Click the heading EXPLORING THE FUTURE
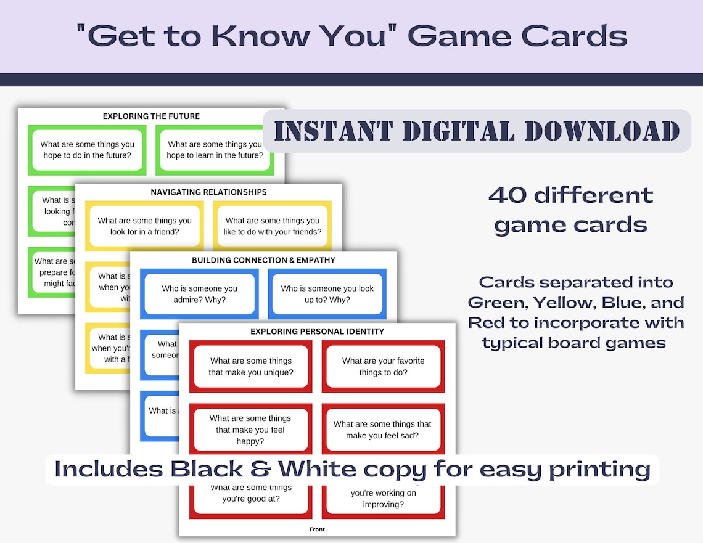[151, 116]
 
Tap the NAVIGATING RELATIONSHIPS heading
[208, 192]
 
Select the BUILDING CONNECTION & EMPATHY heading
[263, 260]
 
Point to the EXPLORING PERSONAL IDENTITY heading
[317, 332]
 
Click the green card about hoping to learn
[215, 150]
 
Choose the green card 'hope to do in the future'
[87, 150]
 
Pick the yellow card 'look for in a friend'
[144, 226]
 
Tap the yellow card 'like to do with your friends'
[273, 226]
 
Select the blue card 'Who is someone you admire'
[199, 294]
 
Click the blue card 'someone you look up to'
[327, 294]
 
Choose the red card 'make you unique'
[250, 367]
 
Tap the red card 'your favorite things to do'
[383, 367]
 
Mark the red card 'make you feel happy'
[250, 430]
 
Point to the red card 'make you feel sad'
[382, 430]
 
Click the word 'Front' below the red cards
[317, 529]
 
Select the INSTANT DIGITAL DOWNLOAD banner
[477, 131]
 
